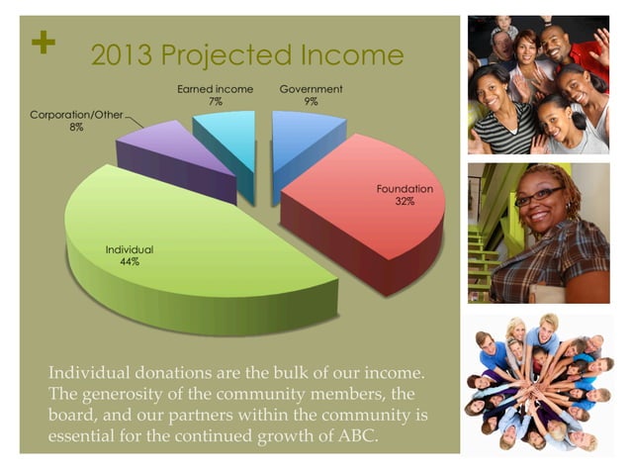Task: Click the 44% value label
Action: (x=130, y=263)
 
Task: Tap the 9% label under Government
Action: (x=311, y=102)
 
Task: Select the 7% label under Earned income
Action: (x=215, y=102)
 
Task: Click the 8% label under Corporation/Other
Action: (x=76, y=129)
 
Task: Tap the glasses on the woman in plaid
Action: (x=539, y=195)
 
